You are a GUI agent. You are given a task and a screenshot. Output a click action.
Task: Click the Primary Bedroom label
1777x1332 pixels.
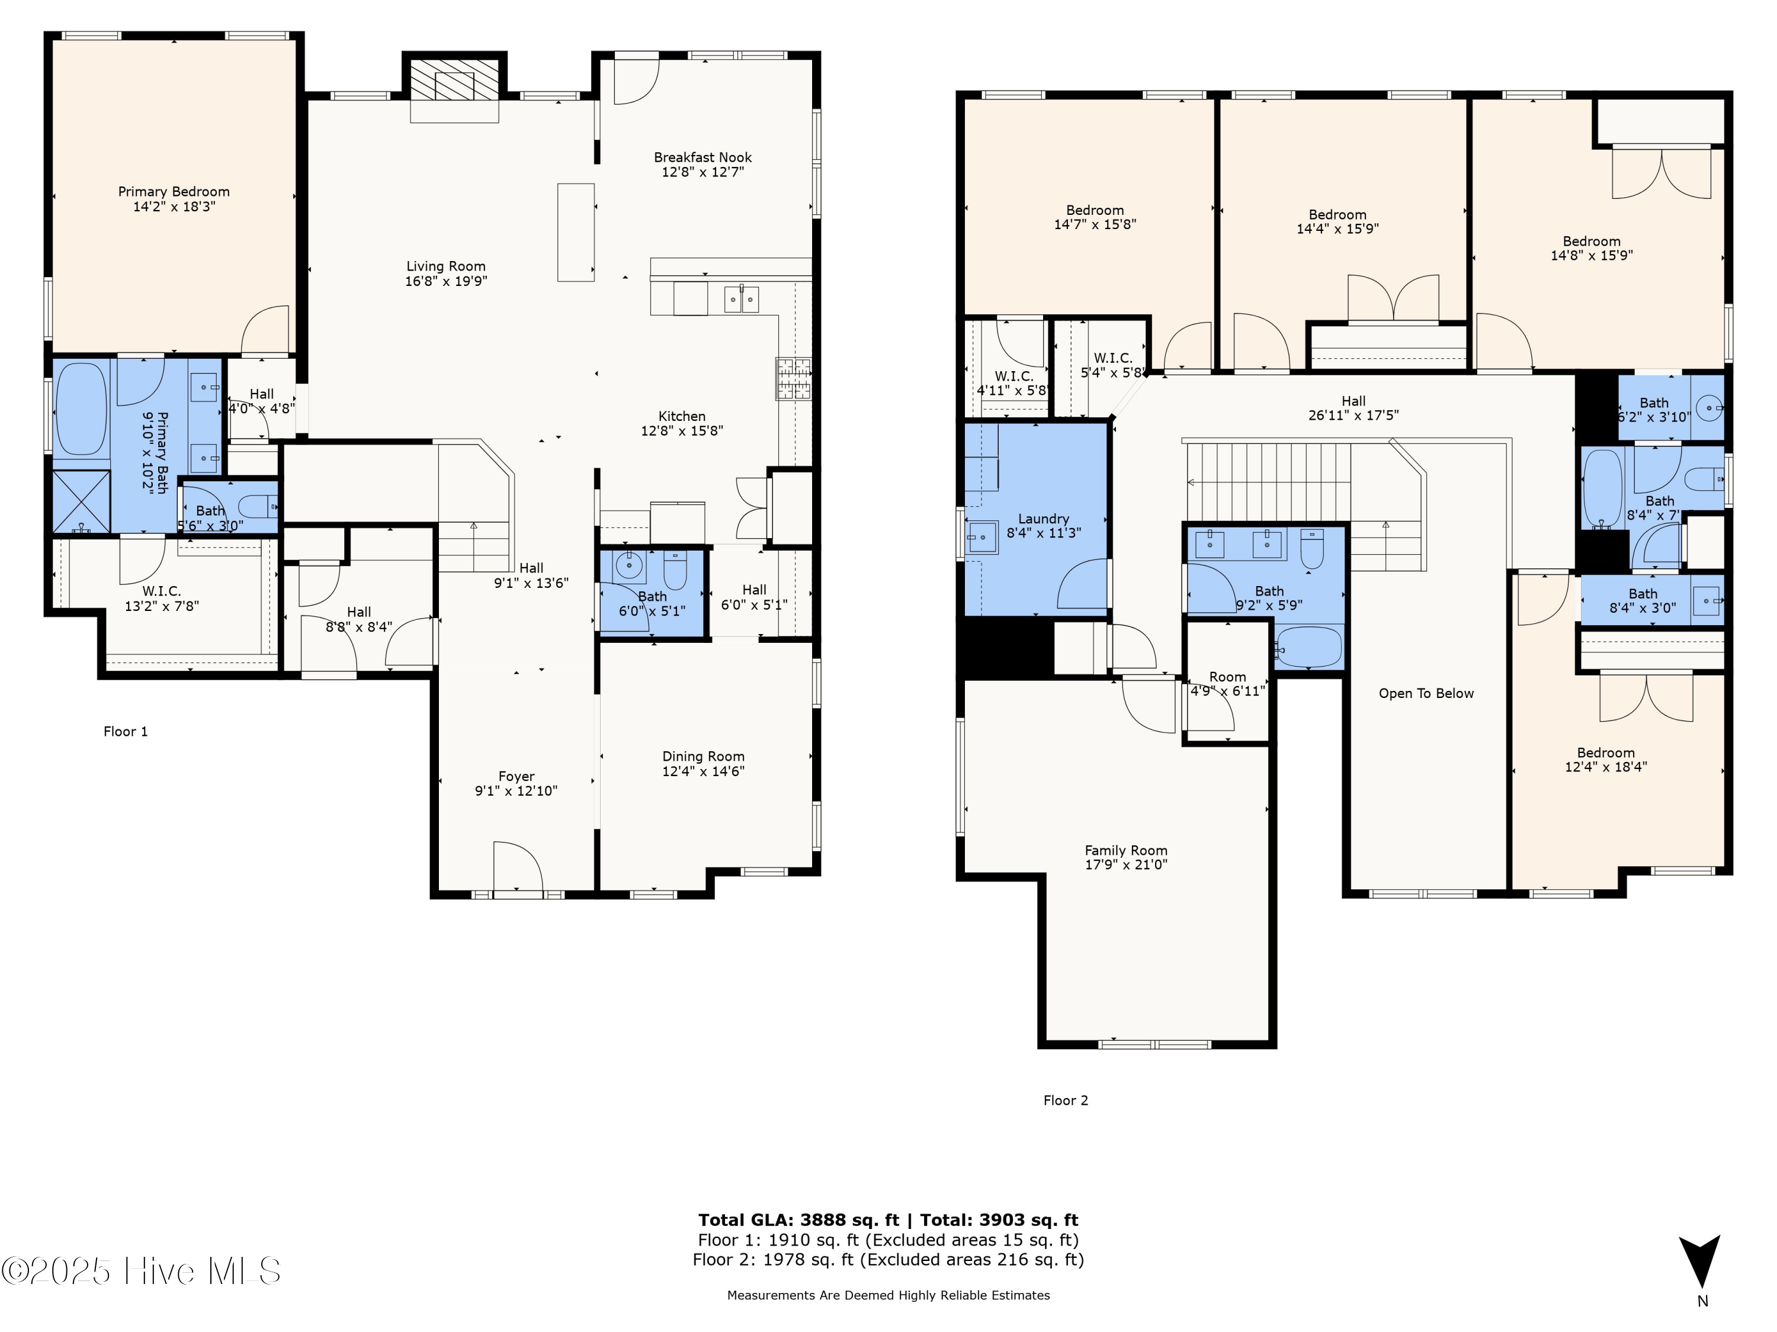click(x=174, y=192)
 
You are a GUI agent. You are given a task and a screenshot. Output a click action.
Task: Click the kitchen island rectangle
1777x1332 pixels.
click(x=576, y=232)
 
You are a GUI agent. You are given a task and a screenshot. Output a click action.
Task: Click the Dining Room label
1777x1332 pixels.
click(x=703, y=757)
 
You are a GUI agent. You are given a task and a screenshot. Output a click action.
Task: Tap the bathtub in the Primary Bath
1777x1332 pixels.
click(x=81, y=410)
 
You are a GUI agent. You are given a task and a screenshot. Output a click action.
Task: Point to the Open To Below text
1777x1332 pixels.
click(x=1426, y=694)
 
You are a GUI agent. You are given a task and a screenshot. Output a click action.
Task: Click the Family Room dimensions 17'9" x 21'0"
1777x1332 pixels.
click(x=1125, y=865)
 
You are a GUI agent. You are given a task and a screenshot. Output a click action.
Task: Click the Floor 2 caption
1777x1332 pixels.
click(x=1065, y=1101)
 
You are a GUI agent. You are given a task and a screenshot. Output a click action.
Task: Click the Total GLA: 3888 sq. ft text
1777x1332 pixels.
click(x=798, y=1220)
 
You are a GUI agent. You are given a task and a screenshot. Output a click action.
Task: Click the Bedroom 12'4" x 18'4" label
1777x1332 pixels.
click(x=1605, y=760)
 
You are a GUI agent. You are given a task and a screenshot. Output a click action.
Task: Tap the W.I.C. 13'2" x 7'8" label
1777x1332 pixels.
click(x=162, y=598)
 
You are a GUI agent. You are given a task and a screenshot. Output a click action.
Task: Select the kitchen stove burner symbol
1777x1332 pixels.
click(x=793, y=379)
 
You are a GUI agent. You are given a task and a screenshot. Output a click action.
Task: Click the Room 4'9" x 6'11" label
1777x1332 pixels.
click(x=1227, y=683)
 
